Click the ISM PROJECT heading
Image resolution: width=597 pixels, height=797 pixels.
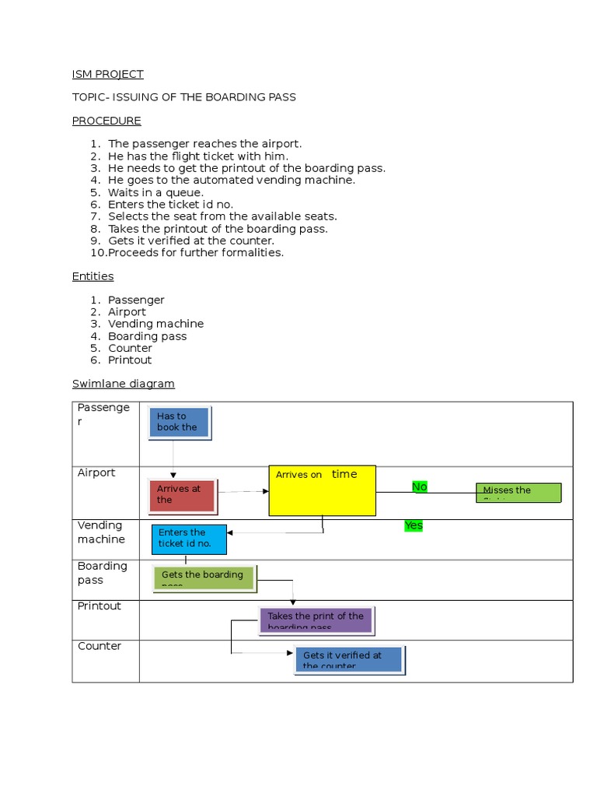click(x=107, y=74)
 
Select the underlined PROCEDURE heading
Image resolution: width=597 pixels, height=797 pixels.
click(x=106, y=121)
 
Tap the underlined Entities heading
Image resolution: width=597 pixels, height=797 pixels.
click(x=93, y=276)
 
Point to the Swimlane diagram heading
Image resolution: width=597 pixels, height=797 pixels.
click(x=123, y=384)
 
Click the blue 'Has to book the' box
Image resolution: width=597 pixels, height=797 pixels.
click(x=179, y=422)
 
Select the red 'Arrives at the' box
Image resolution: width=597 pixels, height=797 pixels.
click(x=182, y=495)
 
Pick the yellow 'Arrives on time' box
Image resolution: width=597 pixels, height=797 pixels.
click(x=322, y=490)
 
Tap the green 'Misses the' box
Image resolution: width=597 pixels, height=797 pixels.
click(x=518, y=492)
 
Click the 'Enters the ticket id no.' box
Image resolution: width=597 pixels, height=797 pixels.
click(x=189, y=539)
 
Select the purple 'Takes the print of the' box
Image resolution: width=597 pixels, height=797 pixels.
click(x=316, y=620)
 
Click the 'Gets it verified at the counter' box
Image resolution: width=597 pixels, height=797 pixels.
click(x=349, y=659)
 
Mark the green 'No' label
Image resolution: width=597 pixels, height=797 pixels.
click(x=420, y=486)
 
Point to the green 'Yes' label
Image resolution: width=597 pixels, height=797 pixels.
click(x=414, y=525)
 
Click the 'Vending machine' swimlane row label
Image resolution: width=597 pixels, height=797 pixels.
click(x=101, y=532)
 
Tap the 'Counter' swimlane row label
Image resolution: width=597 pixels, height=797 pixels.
click(x=99, y=646)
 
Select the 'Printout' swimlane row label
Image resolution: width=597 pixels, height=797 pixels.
click(x=99, y=606)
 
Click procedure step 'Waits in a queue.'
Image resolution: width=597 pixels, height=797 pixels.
click(x=155, y=192)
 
